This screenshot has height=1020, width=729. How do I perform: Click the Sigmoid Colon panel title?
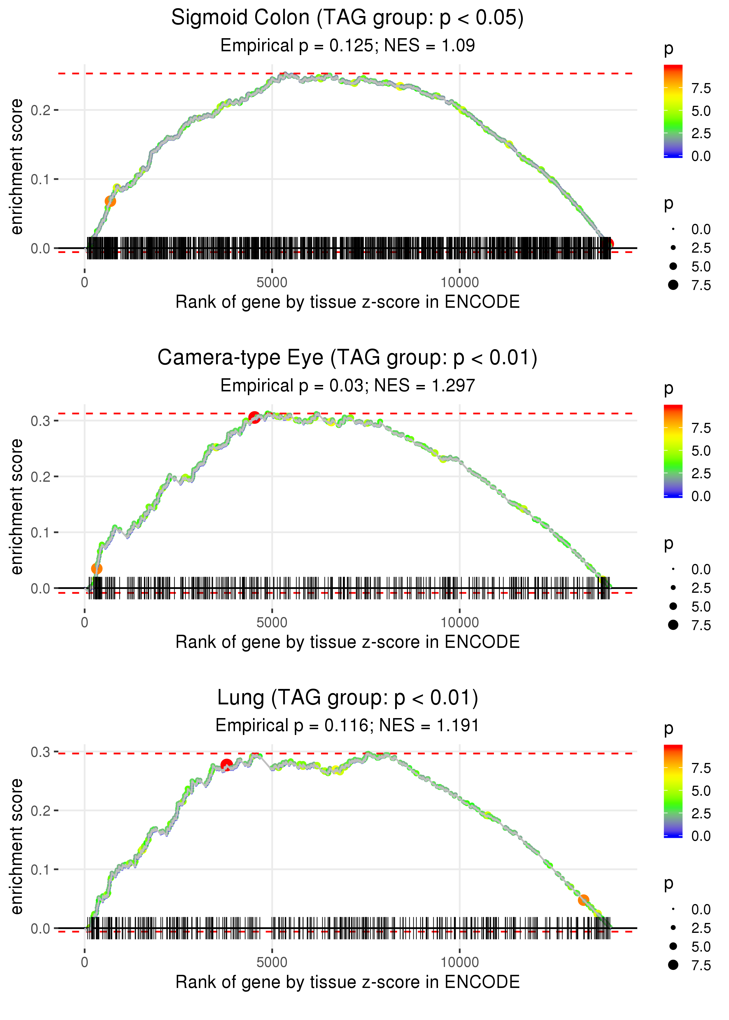pos(347,18)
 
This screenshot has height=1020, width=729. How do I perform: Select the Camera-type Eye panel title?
pos(347,358)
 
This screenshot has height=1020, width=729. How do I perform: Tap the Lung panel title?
pos(347,698)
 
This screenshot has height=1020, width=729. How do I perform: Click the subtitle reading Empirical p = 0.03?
pos(347,386)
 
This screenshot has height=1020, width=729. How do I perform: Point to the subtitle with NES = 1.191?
pos(347,726)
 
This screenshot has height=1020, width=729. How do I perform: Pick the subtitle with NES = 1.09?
pos(347,46)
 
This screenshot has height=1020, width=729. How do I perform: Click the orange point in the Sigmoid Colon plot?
pos(110,201)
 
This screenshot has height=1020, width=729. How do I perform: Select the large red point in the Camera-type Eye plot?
pos(254,417)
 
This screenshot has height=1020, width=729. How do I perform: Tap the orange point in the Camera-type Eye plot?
pos(97,569)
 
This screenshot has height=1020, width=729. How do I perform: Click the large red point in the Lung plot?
pos(226,765)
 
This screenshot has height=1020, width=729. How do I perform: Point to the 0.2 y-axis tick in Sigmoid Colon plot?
pos(41,110)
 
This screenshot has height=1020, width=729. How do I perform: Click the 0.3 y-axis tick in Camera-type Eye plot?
pos(41,421)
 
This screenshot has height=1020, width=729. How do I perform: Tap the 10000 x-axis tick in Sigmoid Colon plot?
pos(459,283)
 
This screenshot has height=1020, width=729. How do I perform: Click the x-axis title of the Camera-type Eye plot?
pos(347,642)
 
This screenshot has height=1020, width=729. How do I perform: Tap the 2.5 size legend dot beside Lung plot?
pos(673,928)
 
